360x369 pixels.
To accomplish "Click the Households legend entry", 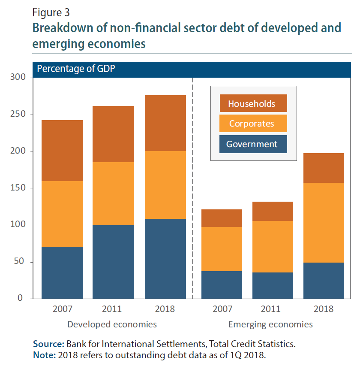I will (252, 103).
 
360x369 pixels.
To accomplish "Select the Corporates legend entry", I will (252, 124).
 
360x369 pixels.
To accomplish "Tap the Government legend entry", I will (252, 144).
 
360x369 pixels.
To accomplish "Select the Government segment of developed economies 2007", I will (62, 272).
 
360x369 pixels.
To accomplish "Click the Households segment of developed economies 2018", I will (165, 123).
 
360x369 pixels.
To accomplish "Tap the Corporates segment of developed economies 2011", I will (113, 194).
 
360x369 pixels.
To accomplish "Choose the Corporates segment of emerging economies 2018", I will (323, 223).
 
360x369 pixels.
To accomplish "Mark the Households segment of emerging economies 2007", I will (222, 218).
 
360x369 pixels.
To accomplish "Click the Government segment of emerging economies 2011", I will (272, 285).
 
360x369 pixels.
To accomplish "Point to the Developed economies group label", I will (112, 324).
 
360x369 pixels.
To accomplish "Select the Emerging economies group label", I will (270, 324).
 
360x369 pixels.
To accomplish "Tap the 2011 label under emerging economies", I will (272, 309).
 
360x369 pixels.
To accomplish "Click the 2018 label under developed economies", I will (165, 309).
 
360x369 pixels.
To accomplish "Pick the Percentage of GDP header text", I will (76, 69).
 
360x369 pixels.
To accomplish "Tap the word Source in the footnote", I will (48, 344).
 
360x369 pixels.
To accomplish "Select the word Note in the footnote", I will (44, 355).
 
